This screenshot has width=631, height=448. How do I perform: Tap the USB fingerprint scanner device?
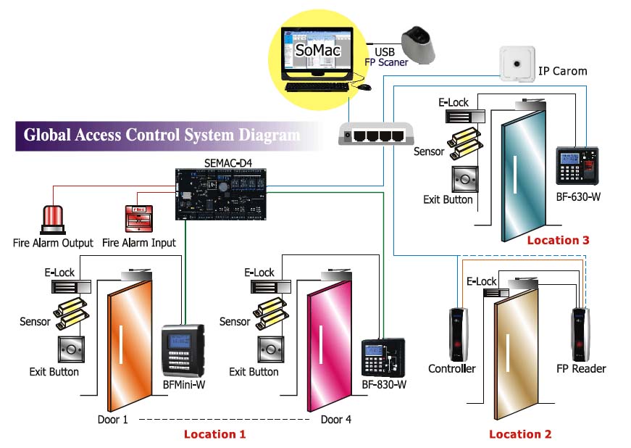pyautogui.click(x=419, y=44)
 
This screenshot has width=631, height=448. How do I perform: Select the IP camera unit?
pyautogui.click(x=517, y=65)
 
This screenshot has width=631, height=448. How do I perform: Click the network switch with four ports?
pyautogui.click(x=376, y=134)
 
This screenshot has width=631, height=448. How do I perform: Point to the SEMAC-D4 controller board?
pyautogui.click(x=220, y=194)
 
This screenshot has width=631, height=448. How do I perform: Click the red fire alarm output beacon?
pyautogui.click(x=53, y=220)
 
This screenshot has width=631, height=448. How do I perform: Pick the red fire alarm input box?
pyautogui.click(x=139, y=219)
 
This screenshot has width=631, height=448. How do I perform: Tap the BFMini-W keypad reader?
pyautogui.click(x=183, y=350)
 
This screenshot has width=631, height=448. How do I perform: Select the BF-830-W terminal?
pyautogui.click(x=383, y=358)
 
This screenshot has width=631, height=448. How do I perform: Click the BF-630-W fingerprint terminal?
pyautogui.click(x=577, y=166)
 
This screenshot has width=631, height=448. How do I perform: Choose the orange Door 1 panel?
pyautogui.click(x=130, y=345)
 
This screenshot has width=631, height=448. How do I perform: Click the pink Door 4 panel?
pyautogui.click(x=329, y=345)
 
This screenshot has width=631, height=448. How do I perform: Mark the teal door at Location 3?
pyautogui.click(x=524, y=176)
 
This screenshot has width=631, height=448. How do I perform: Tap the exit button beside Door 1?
pyautogui.click(x=71, y=349)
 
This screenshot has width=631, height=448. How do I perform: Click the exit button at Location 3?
pyautogui.click(x=465, y=180)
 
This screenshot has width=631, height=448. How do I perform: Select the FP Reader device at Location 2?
pyautogui.click(x=580, y=334)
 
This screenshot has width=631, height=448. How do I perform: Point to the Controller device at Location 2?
pyautogui.click(x=459, y=334)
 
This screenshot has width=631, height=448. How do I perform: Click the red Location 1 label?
pyautogui.click(x=214, y=434)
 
